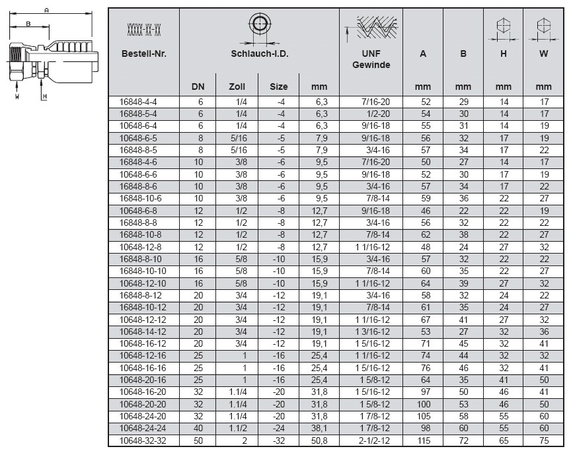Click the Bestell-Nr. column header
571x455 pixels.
(x=143, y=53)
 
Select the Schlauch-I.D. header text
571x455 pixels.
(x=259, y=53)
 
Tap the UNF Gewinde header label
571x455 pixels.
(x=371, y=59)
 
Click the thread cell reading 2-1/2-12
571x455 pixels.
(x=372, y=440)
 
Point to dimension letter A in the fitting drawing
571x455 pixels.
(x=46, y=10)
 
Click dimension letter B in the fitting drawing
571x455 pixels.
(x=27, y=23)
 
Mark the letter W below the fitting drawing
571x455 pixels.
(x=18, y=96)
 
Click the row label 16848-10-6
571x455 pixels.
(x=139, y=198)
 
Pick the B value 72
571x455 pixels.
(x=463, y=440)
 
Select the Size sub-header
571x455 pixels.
(x=279, y=87)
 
